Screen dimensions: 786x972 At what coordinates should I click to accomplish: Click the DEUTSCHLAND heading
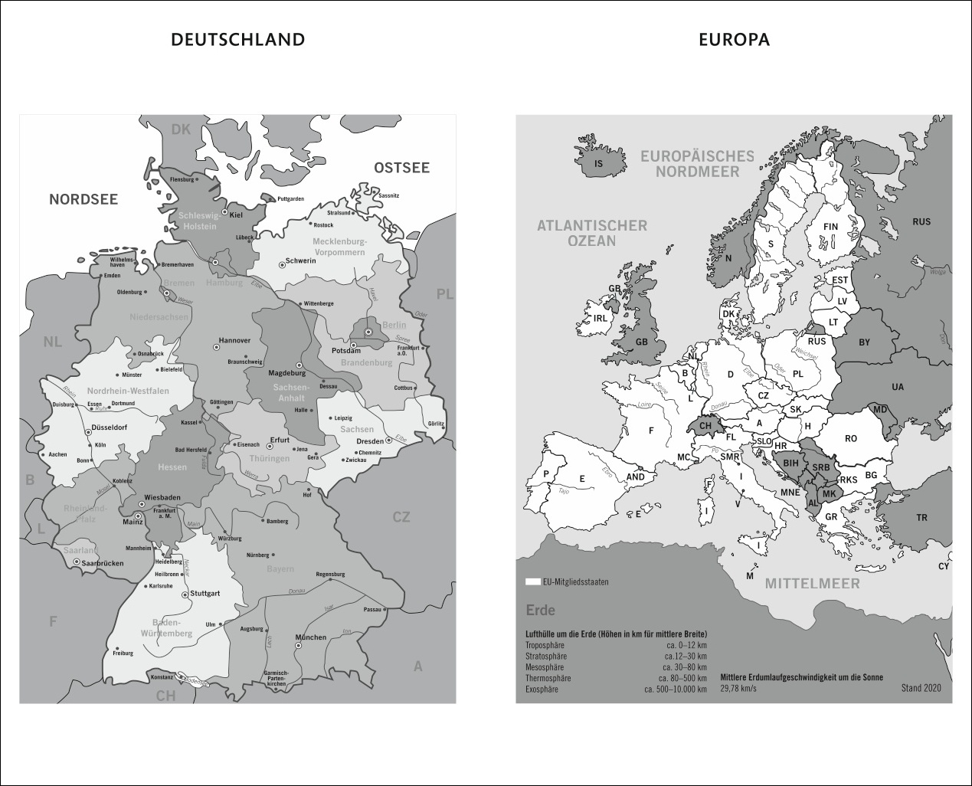pyautogui.click(x=237, y=40)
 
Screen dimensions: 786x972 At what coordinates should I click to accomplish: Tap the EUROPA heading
pyautogui.click(x=734, y=40)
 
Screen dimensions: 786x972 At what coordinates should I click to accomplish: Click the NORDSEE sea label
pyautogui.click(x=83, y=199)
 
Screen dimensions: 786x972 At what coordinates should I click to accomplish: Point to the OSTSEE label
pyautogui.click(x=401, y=168)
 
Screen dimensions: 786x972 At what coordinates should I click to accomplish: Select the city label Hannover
pyautogui.click(x=234, y=340)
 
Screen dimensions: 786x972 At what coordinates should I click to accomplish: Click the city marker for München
pyautogui.click(x=299, y=646)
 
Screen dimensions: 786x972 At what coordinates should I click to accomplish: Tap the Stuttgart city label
pyautogui.click(x=205, y=594)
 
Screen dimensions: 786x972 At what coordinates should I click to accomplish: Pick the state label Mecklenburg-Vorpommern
pyautogui.click(x=339, y=247)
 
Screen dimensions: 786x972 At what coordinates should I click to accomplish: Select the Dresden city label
pyautogui.click(x=369, y=442)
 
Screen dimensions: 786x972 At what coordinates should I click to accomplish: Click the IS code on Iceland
pyautogui.click(x=599, y=164)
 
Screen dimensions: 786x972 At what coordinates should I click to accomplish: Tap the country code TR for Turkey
pyautogui.click(x=921, y=518)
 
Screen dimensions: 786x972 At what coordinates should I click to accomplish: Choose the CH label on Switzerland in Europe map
pyautogui.click(x=705, y=426)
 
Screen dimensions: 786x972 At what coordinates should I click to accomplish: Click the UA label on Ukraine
pyautogui.click(x=898, y=387)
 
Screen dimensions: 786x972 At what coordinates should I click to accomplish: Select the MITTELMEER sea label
pyautogui.click(x=812, y=583)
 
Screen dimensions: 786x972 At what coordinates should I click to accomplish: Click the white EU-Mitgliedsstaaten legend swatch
pyautogui.click(x=532, y=582)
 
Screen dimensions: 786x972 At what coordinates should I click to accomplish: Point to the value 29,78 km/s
pyautogui.click(x=738, y=689)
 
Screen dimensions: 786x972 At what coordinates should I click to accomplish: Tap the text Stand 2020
pyautogui.click(x=921, y=689)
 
